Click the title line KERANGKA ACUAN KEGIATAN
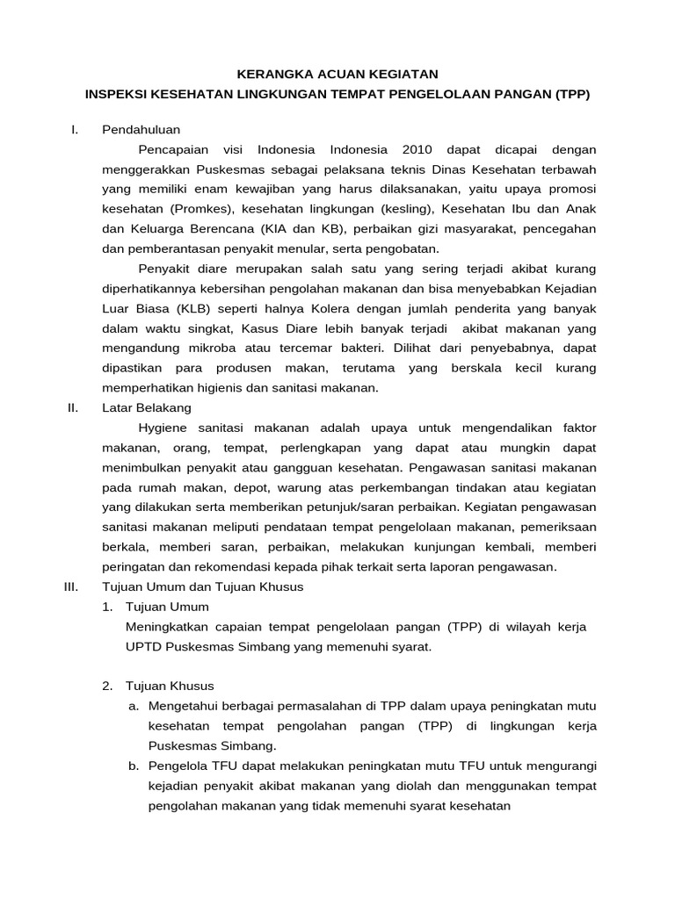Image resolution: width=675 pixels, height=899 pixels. pos(337,75)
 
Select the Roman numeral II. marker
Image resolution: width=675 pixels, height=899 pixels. pos(73,407)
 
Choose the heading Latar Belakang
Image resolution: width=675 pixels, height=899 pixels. pos(147,407)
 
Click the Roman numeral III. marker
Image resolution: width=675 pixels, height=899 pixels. pos(72,586)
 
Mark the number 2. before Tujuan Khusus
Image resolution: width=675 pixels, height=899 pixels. pos(107,686)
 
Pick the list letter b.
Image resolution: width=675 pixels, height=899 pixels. pos(134,766)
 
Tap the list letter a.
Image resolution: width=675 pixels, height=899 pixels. pos(134,706)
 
